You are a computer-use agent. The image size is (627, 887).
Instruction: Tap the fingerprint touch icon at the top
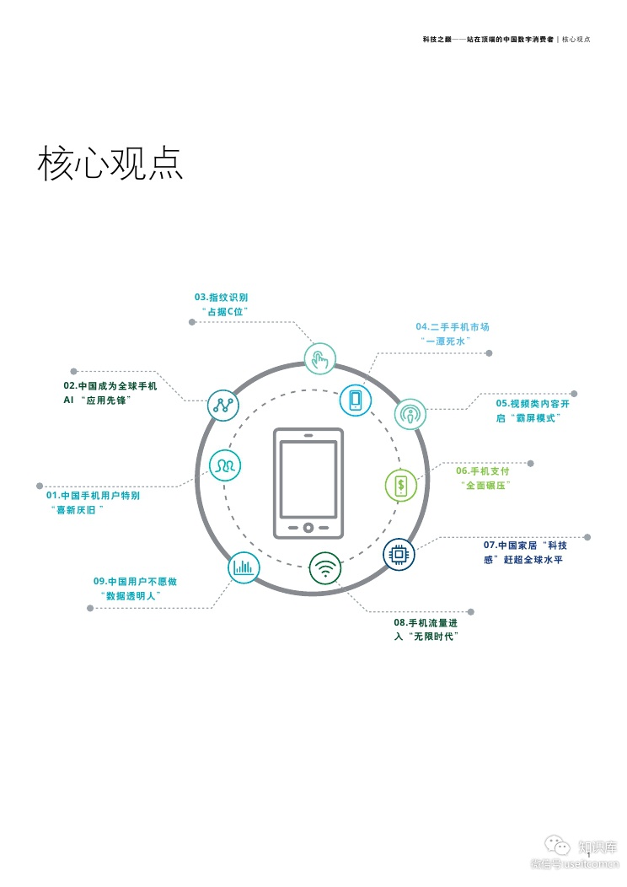pos(319,359)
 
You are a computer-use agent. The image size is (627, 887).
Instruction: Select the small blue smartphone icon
pos(356,399)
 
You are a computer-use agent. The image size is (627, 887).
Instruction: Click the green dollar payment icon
pos(401,485)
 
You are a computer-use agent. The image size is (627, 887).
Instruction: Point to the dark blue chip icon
pos(399,554)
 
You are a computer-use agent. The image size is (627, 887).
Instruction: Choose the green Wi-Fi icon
pos(325,567)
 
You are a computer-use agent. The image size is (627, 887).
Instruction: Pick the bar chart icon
pos(244,567)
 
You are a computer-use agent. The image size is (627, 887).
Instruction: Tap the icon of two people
pos(225,465)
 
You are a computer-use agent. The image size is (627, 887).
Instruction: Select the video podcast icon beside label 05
pos(410,414)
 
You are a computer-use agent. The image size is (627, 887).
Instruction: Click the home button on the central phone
pos(308,528)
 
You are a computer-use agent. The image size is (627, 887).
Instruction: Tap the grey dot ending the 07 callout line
pos(587,537)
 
